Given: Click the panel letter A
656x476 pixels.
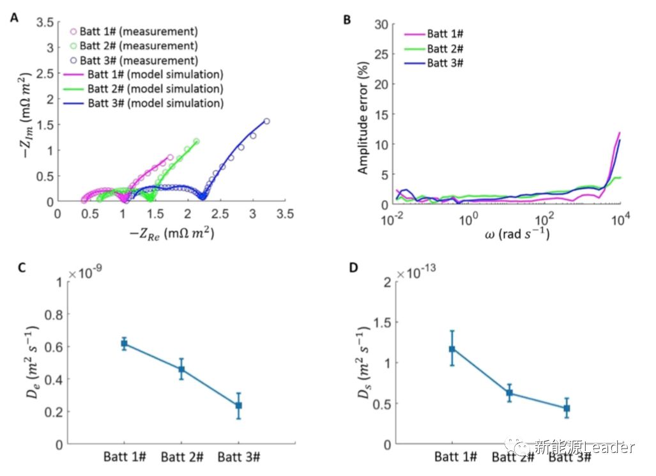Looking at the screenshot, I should (x=14, y=19).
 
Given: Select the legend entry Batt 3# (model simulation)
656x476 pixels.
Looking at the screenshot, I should (x=155, y=103).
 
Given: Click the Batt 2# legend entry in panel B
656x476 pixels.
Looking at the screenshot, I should (x=445, y=49).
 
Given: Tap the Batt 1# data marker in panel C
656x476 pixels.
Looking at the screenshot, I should (x=124, y=344).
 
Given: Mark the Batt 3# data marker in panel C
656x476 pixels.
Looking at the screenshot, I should (x=238, y=405).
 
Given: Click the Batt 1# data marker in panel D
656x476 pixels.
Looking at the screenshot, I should (x=452, y=349).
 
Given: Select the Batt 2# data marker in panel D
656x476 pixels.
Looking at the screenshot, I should (x=510, y=393).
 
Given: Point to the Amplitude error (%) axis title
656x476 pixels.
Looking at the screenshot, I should (x=363, y=114).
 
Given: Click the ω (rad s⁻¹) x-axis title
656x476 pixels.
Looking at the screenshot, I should (x=508, y=234).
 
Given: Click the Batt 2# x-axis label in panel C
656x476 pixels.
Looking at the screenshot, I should (x=182, y=457).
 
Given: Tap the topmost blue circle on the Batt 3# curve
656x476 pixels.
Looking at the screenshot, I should (x=266, y=121).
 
